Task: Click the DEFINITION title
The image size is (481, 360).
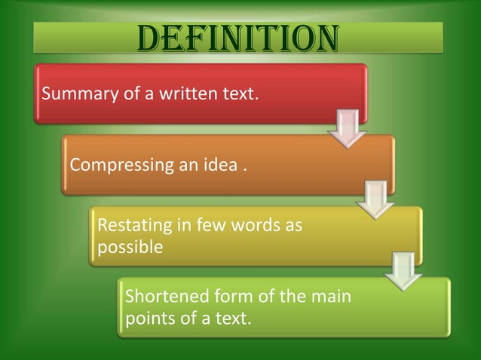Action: (237, 39)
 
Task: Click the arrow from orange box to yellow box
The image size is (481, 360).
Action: (375, 199)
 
